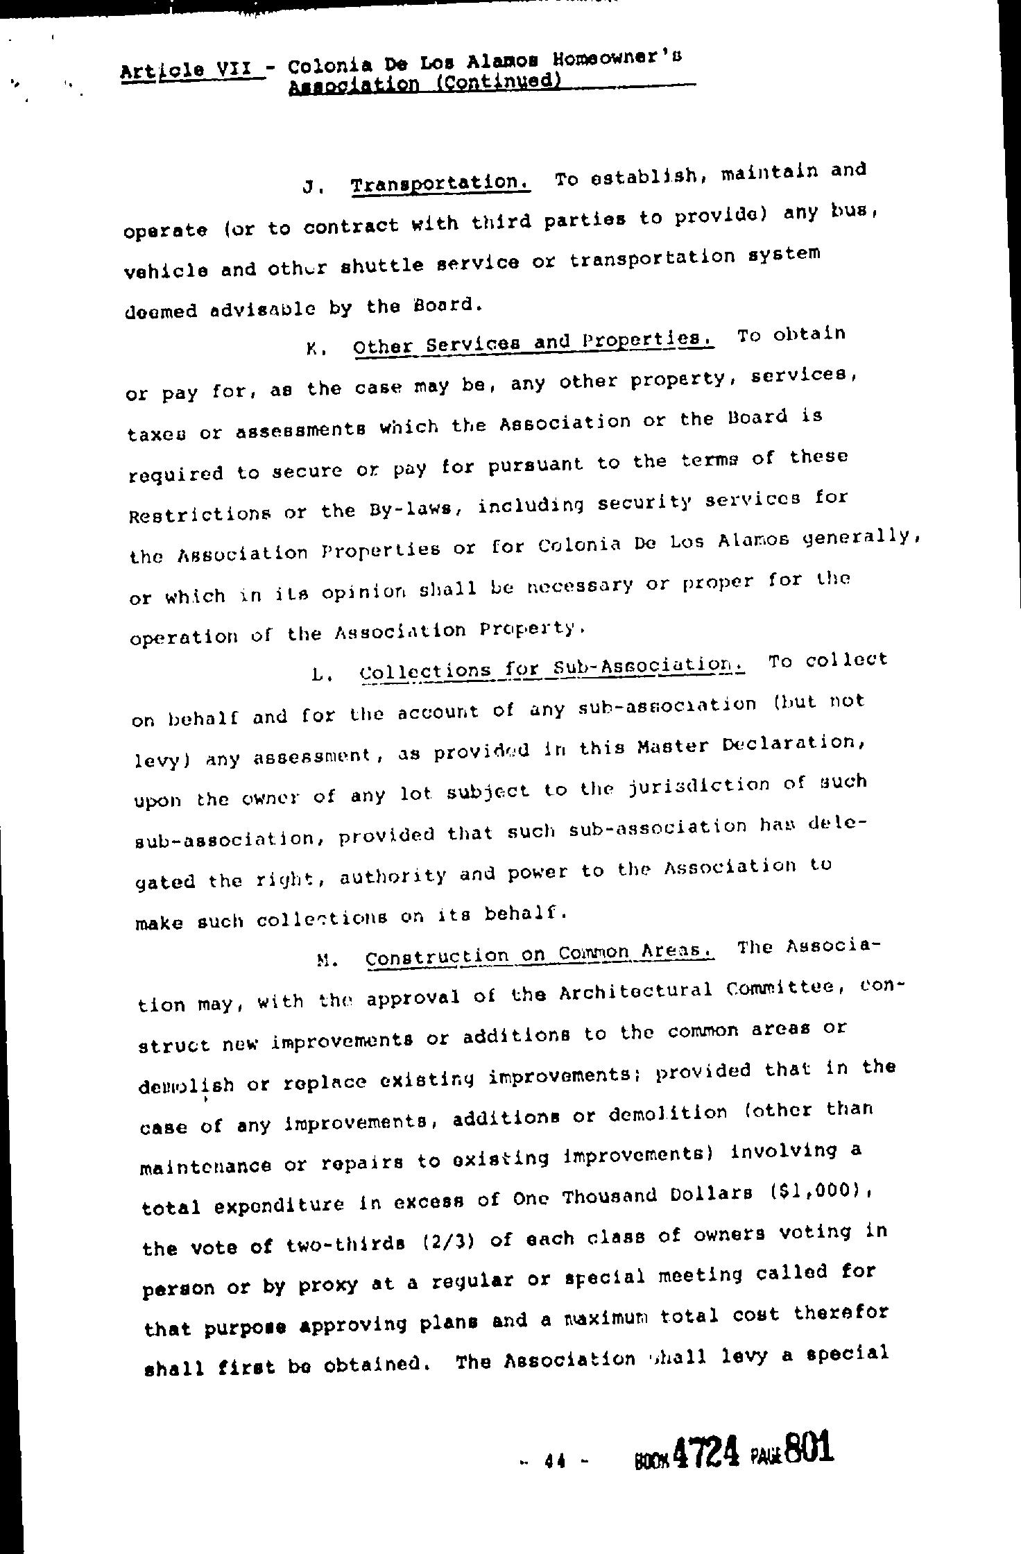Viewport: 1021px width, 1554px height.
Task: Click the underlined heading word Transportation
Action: click(441, 184)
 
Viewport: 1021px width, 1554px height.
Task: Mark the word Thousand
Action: click(610, 1195)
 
